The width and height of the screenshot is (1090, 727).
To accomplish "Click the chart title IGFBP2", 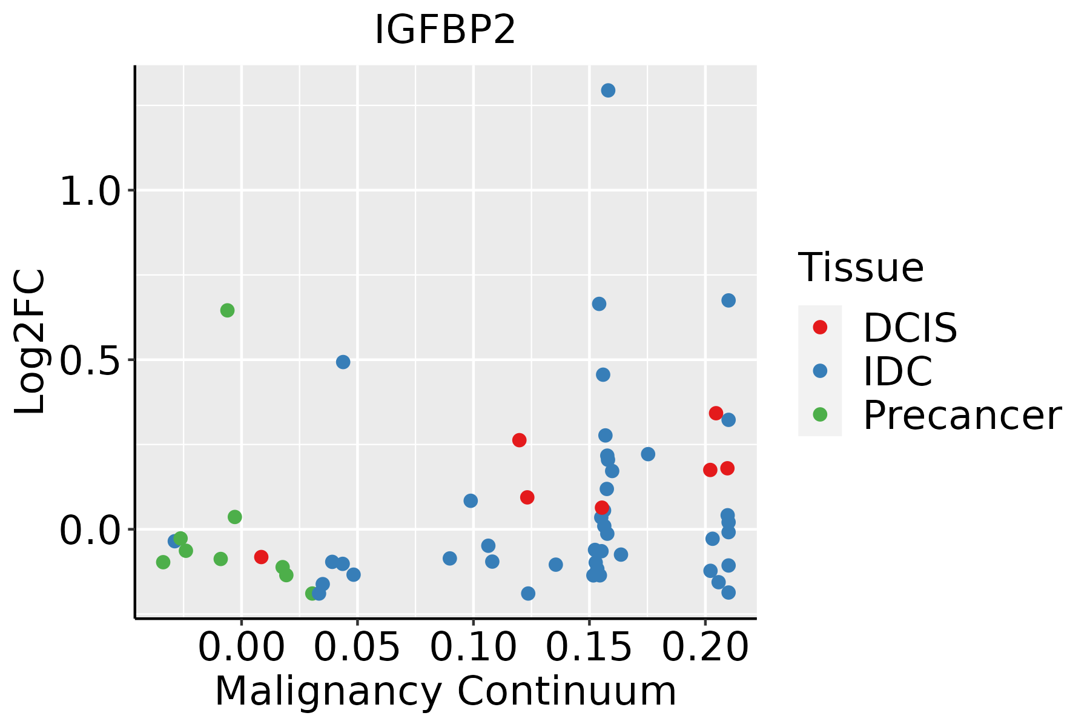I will point(445,30).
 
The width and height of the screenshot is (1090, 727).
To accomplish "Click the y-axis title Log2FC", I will point(30,342).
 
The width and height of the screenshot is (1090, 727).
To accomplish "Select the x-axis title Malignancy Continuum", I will point(445,692).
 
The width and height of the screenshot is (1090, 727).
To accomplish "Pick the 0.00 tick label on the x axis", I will point(241,648).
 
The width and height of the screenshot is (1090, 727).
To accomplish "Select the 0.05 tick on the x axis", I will point(357,648).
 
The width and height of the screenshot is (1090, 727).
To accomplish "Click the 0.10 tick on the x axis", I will point(473,648).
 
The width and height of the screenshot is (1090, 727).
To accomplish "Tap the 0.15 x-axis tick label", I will point(589,648).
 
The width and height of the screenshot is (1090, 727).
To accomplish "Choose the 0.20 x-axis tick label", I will point(705,648).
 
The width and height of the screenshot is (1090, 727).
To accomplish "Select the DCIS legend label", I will point(910,328).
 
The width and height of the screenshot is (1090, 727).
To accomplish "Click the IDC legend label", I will point(897,371).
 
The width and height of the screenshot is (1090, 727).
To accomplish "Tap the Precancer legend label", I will point(962,416).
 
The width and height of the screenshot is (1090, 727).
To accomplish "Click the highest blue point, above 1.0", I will point(608,90).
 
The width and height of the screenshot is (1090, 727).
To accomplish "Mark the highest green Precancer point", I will point(227,310).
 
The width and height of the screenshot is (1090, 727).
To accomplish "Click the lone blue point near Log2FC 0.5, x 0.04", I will point(343,362).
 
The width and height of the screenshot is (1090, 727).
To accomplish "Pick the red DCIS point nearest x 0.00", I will point(261,557).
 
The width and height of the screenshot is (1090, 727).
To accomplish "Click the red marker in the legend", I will point(820,327).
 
